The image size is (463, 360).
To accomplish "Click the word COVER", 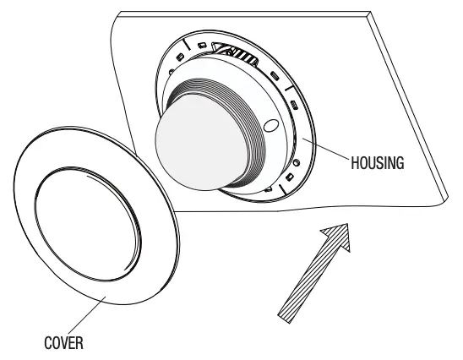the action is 63,343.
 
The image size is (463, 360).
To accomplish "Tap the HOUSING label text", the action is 378,163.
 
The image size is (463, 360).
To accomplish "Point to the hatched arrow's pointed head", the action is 347,224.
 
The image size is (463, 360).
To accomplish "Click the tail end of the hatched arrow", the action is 284,319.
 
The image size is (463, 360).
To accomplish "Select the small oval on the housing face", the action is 270,125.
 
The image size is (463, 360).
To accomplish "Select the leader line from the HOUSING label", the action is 325,149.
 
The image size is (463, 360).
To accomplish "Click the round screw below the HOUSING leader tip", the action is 297,162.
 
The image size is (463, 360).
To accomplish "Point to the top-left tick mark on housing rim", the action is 187,44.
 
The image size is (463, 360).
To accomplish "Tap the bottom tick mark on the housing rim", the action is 282,189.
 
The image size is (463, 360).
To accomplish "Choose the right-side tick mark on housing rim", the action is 289,88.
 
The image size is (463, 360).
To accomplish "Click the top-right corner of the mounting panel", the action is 371,12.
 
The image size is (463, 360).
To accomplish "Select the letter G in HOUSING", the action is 400,163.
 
